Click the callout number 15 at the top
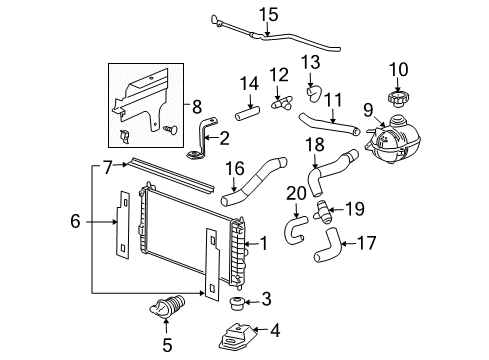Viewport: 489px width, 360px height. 267,14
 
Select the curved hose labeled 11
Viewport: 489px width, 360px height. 327,126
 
